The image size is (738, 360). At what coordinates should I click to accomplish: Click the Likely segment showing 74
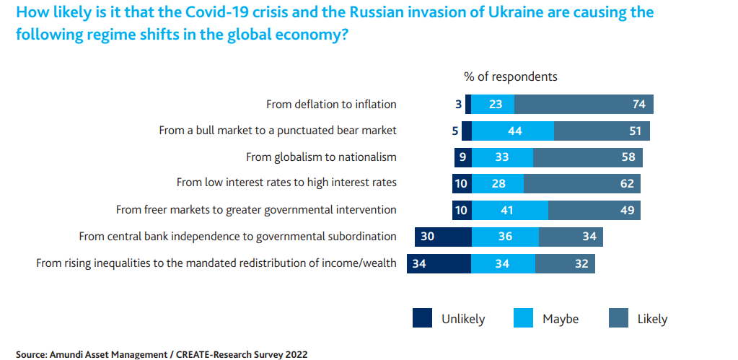click(x=584, y=105)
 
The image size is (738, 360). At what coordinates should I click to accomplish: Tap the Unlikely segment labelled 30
click(x=443, y=237)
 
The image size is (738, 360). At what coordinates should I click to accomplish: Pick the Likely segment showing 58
click(x=587, y=157)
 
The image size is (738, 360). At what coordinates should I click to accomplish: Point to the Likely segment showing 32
click(x=565, y=263)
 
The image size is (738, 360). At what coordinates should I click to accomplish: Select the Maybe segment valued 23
click(x=493, y=105)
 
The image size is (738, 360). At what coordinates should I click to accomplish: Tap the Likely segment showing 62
click(x=581, y=184)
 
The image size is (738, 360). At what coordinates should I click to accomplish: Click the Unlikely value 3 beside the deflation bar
click(x=458, y=105)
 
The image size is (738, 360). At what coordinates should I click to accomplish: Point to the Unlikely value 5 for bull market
click(x=455, y=131)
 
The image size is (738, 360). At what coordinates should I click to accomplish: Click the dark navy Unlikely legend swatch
click(x=423, y=318)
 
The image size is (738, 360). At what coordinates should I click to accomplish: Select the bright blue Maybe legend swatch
click(x=523, y=318)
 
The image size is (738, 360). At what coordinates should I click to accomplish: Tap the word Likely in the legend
click(x=652, y=319)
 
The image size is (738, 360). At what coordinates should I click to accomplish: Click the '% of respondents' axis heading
click(x=510, y=76)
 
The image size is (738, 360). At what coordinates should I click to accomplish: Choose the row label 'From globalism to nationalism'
click(x=321, y=157)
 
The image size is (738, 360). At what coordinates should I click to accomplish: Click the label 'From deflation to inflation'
click(x=331, y=105)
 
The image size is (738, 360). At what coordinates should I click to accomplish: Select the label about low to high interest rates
click(x=286, y=183)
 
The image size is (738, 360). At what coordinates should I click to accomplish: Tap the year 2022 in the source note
click(x=295, y=354)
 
